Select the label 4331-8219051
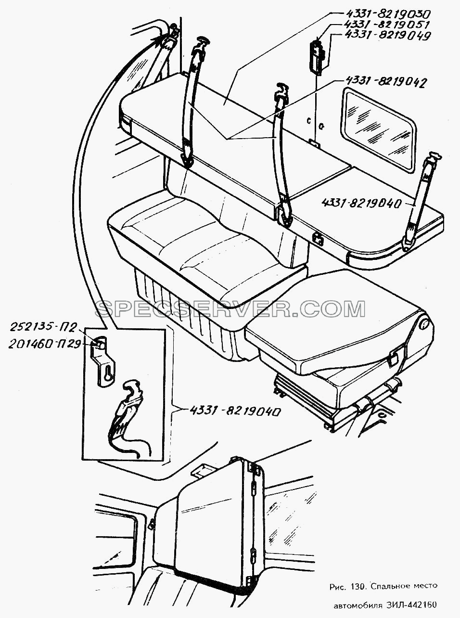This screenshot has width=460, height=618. (386, 25)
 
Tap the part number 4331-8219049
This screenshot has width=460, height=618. (388, 36)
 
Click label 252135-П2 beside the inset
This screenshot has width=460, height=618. (43, 328)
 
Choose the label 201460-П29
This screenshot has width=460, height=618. (45, 345)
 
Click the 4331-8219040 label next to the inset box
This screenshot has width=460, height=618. (235, 411)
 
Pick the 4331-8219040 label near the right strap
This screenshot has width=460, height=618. (362, 203)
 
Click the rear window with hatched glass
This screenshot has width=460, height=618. (378, 128)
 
